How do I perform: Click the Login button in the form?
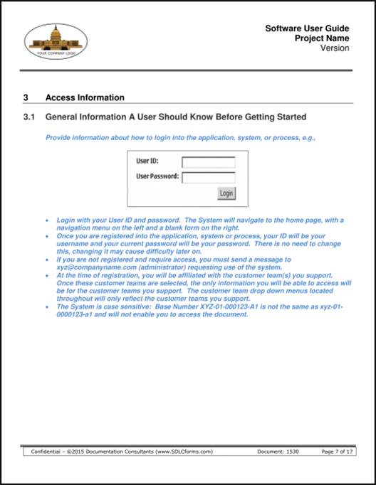(226, 193)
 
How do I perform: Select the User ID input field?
(209, 161)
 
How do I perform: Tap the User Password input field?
(209, 177)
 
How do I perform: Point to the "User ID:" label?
(147, 161)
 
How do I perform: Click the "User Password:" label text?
(157, 176)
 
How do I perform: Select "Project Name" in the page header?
(322, 38)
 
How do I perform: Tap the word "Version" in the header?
(335, 48)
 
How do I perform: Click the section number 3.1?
(29, 116)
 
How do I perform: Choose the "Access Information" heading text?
(85, 97)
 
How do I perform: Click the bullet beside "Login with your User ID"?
(46, 222)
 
